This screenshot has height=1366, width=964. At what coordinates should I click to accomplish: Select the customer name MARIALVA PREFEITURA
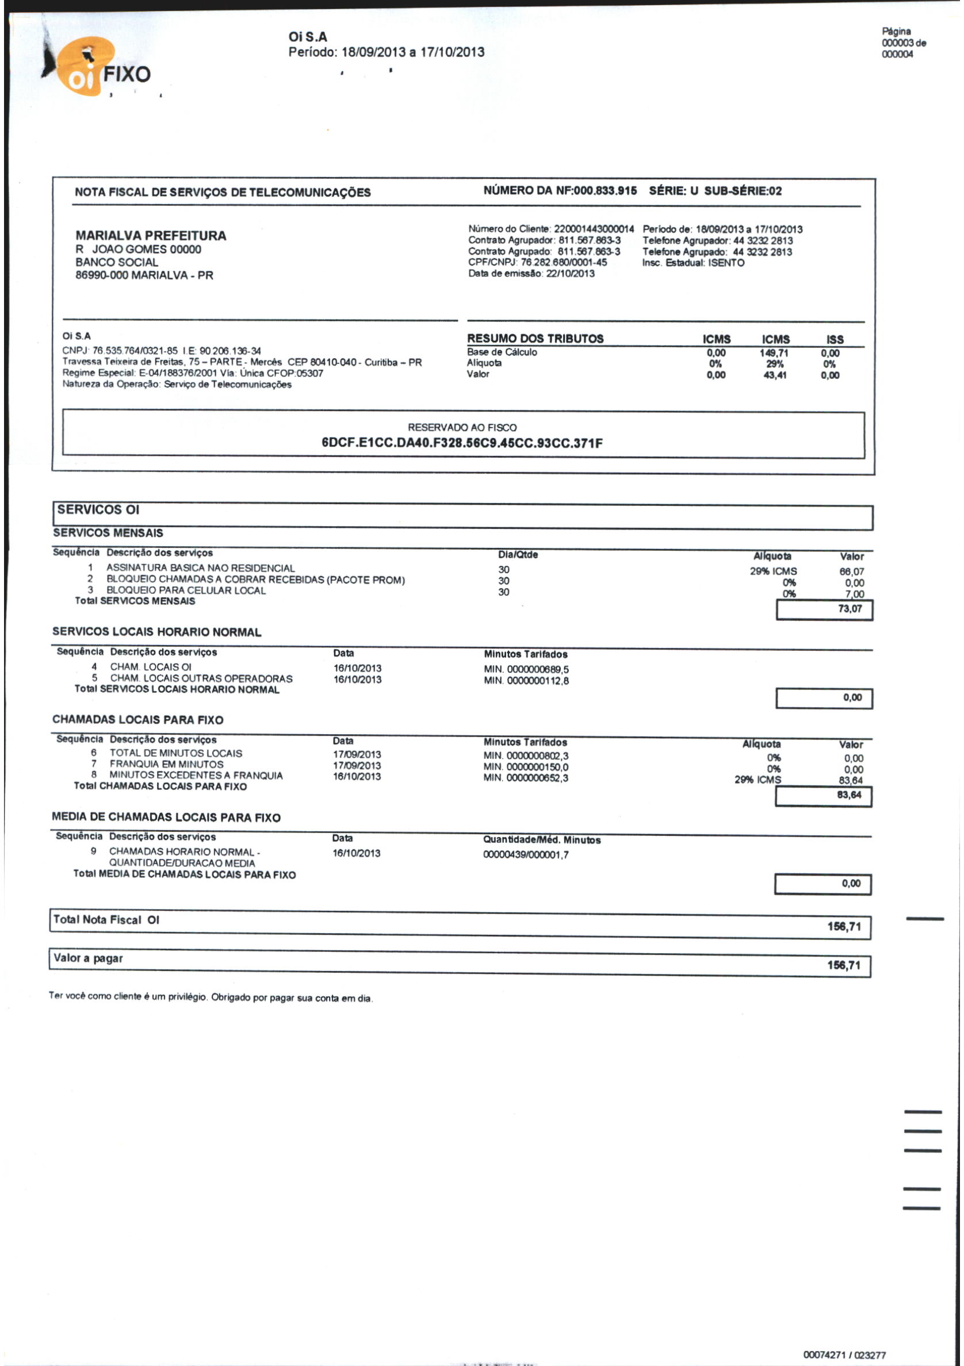[151, 236]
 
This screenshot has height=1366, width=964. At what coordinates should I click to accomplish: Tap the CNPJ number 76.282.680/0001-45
[564, 262]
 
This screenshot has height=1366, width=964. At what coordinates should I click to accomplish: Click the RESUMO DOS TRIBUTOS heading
[535, 339]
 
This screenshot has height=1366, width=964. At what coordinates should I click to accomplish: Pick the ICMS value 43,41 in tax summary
[775, 375]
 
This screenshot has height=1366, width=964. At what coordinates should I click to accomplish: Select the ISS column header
[834, 339]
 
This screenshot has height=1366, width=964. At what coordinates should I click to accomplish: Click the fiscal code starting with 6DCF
[462, 443]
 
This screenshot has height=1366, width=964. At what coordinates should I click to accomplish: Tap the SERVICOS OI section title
[98, 510]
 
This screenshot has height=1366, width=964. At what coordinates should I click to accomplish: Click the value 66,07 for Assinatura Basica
[851, 571]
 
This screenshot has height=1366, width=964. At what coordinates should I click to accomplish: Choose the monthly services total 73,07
[850, 609]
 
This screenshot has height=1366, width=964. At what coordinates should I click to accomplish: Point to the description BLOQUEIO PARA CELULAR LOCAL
[186, 591]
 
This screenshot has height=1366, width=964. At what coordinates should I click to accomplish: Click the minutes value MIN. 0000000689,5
[526, 669]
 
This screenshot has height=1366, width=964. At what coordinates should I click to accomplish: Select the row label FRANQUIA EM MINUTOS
[167, 765]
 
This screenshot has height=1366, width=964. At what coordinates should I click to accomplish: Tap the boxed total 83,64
[849, 796]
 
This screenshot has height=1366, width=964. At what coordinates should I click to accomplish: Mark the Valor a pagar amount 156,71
[843, 965]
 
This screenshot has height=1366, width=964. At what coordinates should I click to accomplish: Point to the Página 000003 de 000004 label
[903, 43]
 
